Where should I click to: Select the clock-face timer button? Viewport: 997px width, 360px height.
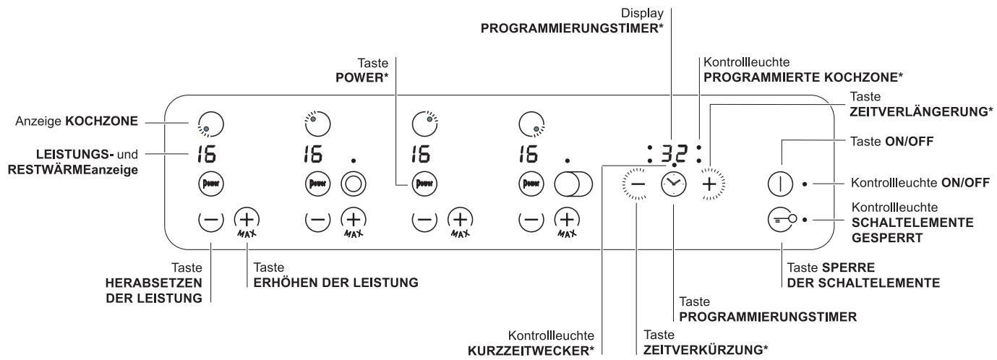672,185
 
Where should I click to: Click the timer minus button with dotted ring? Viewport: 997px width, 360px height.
635,185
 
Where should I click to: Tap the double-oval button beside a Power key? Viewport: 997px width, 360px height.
573,184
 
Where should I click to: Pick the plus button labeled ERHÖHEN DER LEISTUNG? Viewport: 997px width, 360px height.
247,218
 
